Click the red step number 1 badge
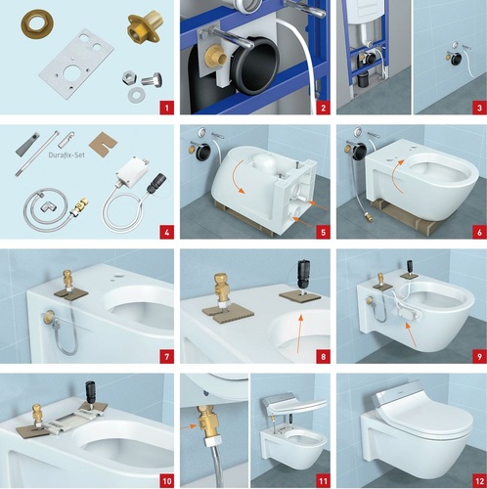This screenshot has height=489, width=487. point(167,108)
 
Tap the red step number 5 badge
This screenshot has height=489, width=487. point(323,232)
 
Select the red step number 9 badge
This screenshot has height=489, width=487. point(479,356)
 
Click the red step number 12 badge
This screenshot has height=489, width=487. point(479,481)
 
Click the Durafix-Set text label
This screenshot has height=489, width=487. point(66,155)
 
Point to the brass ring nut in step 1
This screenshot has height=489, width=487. point(37,23)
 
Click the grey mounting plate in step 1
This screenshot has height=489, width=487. point(76,61)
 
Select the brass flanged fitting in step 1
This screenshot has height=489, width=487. point(144,26)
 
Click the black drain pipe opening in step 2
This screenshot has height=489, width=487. point(257,67)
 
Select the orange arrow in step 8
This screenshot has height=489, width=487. point(299,333)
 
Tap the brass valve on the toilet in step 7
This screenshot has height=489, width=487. point(67,279)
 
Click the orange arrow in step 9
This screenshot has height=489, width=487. point(411,333)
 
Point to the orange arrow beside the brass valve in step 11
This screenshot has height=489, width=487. point(190,426)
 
